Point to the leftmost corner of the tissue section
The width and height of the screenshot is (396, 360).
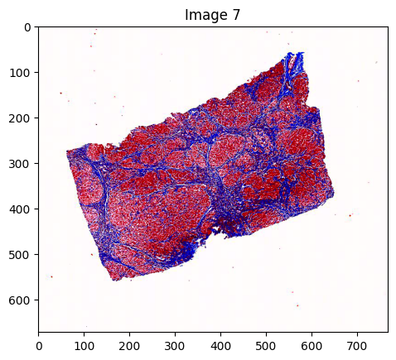pyautogui.click(x=67, y=151)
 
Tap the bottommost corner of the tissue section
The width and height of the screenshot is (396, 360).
pyautogui.click(x=116, y=281)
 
